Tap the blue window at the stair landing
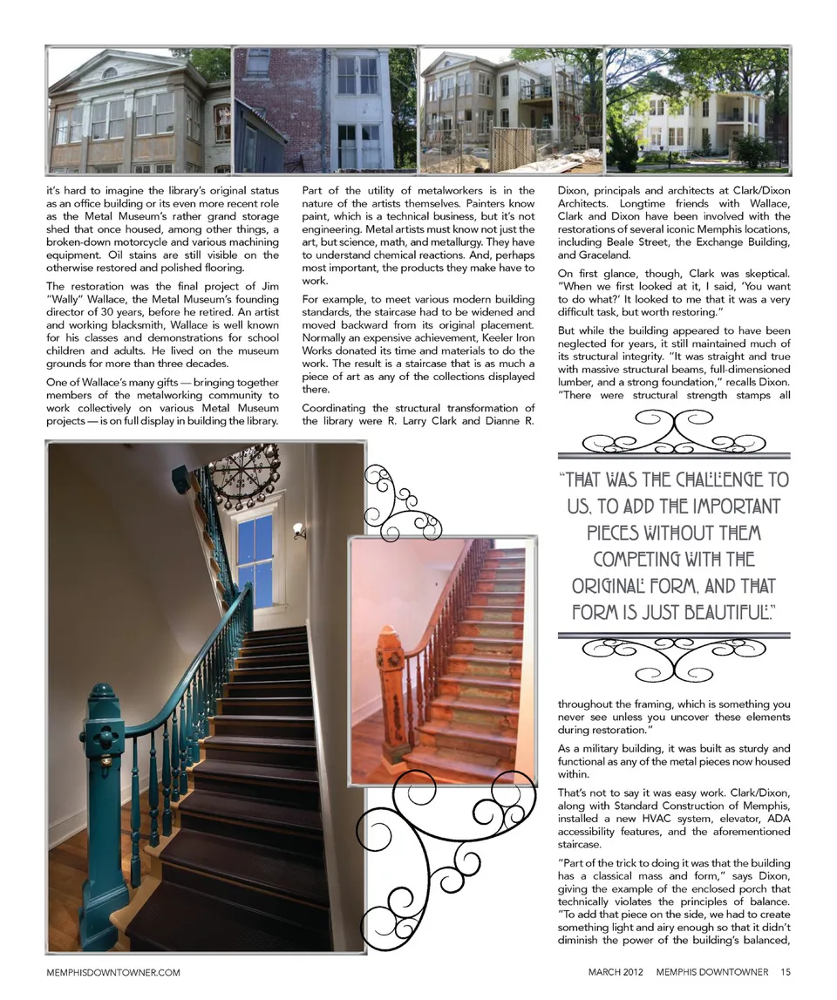click(x=255, y=547)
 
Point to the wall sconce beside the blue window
click(x=299, y=530)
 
